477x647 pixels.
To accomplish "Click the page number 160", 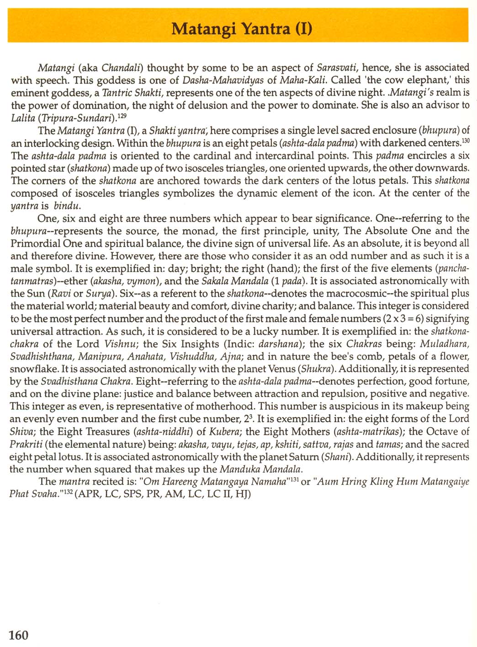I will (19, 635).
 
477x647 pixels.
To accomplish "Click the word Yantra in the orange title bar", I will (265, 29).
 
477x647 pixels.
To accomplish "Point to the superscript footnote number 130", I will (465, 141).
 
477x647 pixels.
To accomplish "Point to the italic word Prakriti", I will (26, 444).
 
